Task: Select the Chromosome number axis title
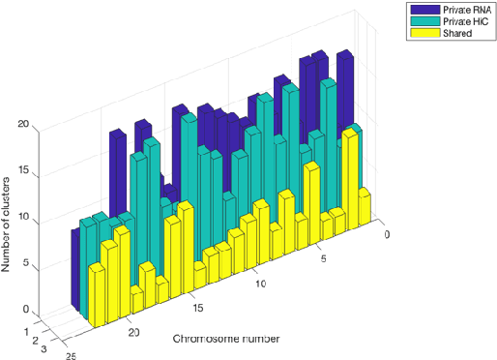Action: (228, 339)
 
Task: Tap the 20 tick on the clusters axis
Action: (27, 125)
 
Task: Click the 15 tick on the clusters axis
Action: (27, 171)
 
